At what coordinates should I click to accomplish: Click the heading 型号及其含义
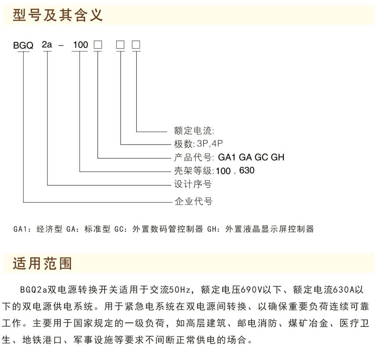(58, 15)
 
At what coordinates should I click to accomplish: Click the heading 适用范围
(42, 263)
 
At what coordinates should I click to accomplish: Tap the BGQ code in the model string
(23, 46)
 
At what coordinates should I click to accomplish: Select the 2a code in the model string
(47, 45)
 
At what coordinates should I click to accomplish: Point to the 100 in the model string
(81, 45)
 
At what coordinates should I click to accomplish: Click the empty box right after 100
(98, 45)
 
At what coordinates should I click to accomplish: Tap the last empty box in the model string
(136, 45)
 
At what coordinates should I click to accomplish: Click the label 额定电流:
(194, 130)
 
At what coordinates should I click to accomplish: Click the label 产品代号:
(194, 157)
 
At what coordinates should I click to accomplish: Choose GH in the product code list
(278, 157)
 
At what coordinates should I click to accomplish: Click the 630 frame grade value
(247, 170)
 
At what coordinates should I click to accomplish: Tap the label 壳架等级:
(194, 171)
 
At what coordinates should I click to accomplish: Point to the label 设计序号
(193, 184)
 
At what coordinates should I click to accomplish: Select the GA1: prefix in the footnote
(22, 229)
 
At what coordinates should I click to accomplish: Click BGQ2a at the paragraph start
(34, 290)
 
